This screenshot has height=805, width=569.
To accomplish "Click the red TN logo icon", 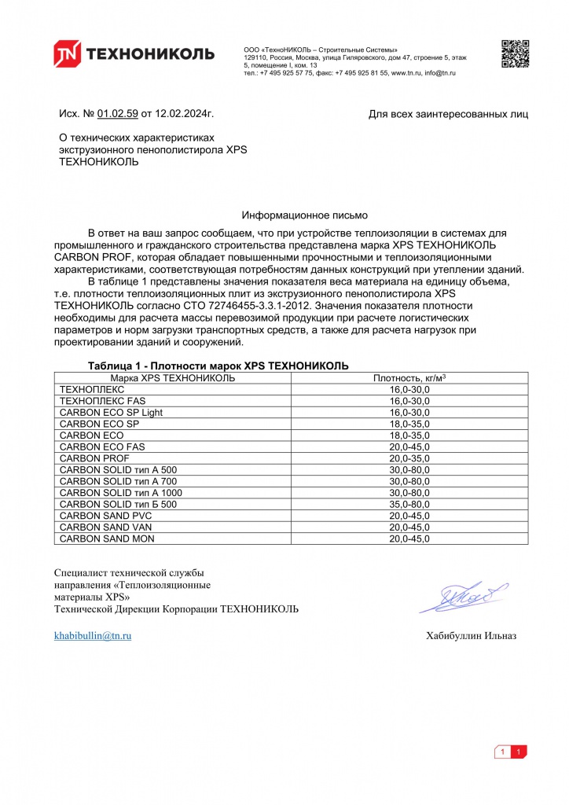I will point(67,53).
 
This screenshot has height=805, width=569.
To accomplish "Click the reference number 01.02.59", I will point(118,114).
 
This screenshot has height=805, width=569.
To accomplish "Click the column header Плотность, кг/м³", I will point(409,378).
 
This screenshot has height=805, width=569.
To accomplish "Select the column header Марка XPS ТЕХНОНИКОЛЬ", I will point(172,378).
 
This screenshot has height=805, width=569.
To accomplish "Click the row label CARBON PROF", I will point(94,458).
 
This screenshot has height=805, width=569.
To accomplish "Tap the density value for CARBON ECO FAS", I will point(409,447).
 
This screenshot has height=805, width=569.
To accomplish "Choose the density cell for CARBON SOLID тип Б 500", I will point(409,504).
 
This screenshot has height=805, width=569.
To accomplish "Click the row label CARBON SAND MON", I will point(107,539).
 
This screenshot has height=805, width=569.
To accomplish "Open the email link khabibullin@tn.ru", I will point(92,635).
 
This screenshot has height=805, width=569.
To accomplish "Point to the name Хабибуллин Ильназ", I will point(471,636).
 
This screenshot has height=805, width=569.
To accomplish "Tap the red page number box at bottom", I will point(519,752).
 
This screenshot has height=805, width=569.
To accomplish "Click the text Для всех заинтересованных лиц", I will point(448,115).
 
